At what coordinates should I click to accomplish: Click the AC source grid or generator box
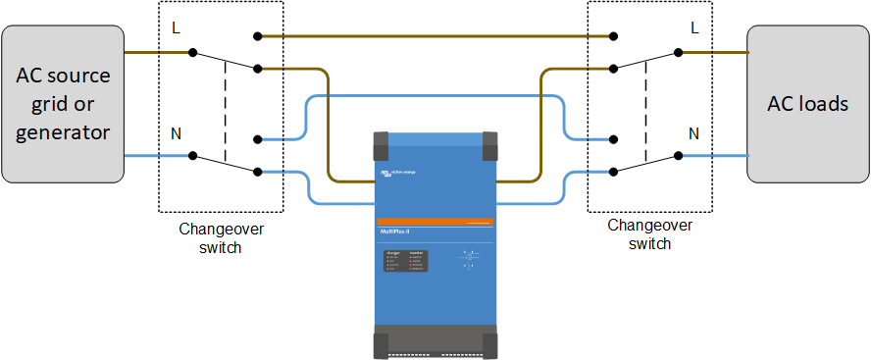tap(63, 104)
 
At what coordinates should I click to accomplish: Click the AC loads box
tap(808, 104)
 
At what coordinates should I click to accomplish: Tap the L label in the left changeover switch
tap(177, 26)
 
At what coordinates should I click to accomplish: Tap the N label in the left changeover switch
tap(177, 132)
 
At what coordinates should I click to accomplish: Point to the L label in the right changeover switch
tap(694, 26)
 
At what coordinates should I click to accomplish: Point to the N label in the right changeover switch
tap(694, 132)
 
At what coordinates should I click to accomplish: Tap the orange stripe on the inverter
tap(435, 222)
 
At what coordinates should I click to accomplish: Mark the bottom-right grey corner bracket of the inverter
tap(485, 342)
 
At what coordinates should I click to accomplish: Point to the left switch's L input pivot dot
tap(193, 51)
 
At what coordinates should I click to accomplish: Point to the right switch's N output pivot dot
tap(678, 155)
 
